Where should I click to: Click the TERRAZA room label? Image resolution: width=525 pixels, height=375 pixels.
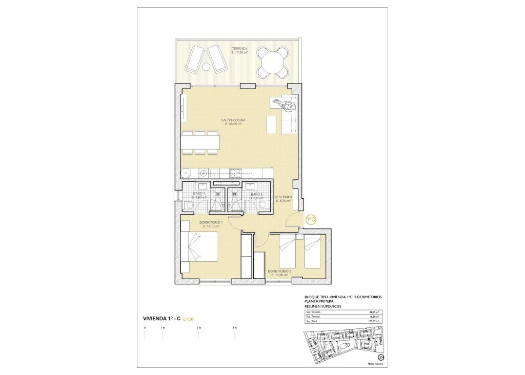coord(239,48)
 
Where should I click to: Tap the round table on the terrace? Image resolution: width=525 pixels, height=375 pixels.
coord(272,62)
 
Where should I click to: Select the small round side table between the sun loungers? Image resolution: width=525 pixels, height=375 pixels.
coord(207,67)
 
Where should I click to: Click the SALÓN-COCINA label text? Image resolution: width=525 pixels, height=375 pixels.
coord(233,120)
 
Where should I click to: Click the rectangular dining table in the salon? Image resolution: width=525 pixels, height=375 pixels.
coord(200,142)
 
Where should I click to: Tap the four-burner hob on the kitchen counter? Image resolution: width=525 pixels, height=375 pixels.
coord(235,173)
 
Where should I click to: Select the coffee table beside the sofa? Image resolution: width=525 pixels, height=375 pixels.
coord(271,124)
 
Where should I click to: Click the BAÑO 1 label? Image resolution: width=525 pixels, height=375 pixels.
coord(199,193)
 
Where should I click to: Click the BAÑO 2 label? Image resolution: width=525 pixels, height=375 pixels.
coord(256,193)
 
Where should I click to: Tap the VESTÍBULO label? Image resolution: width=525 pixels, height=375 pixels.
coord(283,197)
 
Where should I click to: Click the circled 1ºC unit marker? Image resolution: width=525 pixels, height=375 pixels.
coord(310,219)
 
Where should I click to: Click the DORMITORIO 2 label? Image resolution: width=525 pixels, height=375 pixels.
coord(279,271)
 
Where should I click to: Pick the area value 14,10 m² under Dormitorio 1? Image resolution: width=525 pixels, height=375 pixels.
coord(211,226)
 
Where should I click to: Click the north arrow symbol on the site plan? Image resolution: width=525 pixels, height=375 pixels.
coord(380,357)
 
